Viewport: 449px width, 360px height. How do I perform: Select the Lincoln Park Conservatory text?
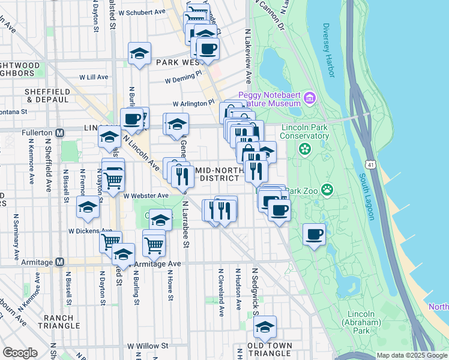pyautogui.click(x=306, y=131)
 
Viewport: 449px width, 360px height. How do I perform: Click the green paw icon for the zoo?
pyautogui.click(x=327, y=191)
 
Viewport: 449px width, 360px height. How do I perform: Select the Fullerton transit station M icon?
pyautogui.click(x=59, y=132)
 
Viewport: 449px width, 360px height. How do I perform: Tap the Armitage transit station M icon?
pyautogui.click(x=59, y=262)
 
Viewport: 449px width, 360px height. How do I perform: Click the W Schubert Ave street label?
pyautogui.click(x=142, y=12)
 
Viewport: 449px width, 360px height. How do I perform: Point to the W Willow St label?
pyautogui.click(x=148, y=346)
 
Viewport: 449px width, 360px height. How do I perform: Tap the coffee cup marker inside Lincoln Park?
pyautogui.click(x=314, y=234)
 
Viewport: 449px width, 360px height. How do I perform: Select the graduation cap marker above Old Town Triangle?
pyautogui.click(x=264, y=327)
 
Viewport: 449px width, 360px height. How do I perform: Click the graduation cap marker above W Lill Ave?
pyautogui.click(x=139, y=53)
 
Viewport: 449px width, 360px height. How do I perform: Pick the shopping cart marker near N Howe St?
pyautogui.click(x=154, y=244)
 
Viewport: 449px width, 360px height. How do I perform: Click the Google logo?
pyautogui.click(x=20, y=353)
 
